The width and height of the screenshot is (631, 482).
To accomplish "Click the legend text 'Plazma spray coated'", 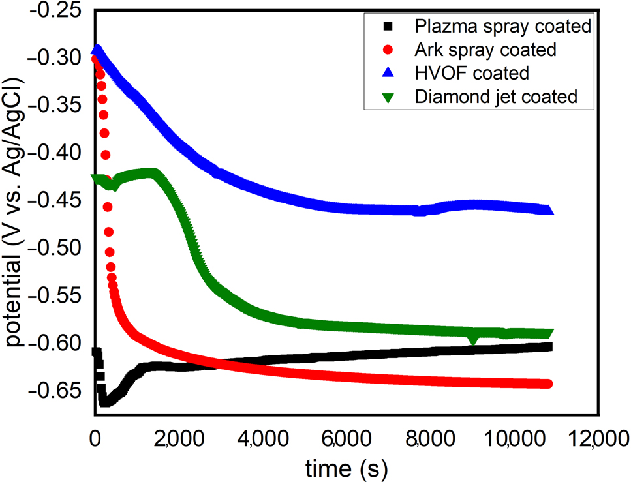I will (x=503, y=27).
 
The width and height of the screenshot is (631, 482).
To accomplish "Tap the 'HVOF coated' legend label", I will (x=471, y=72).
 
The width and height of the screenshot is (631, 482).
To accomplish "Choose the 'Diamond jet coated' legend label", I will (x=496, y=97).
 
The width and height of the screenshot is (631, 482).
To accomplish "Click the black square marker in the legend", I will (x=388, y=27).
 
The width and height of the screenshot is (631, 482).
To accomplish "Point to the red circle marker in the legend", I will (x=388, y=50).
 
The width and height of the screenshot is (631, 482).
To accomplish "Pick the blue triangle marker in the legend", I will (x=388, y=72).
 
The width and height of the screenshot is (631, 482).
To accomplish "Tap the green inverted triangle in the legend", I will (x=388, y=97).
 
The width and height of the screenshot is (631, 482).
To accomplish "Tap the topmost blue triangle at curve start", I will (x=97, y=50).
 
